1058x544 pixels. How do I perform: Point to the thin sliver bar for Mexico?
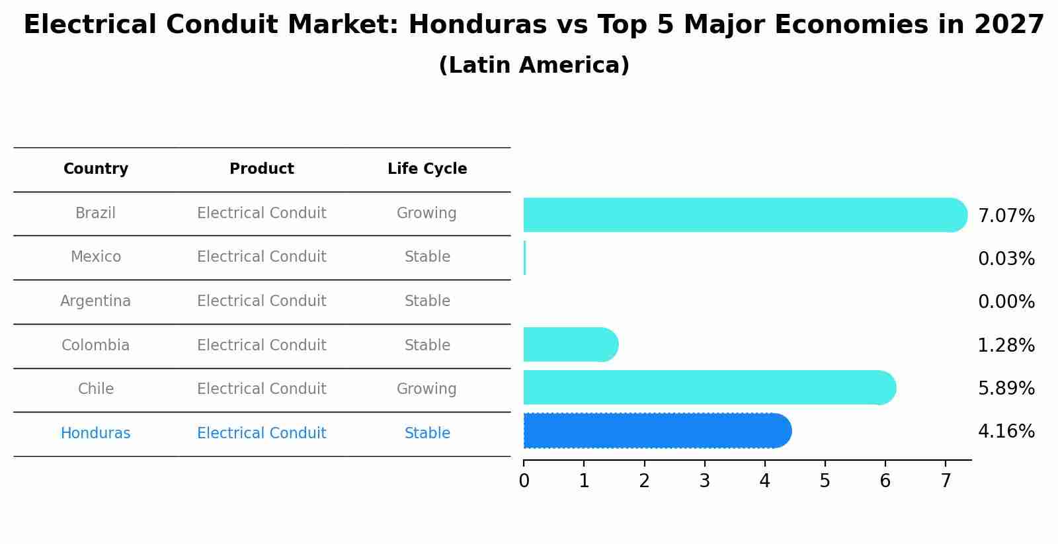(524, 258)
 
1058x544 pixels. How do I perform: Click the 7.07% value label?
(1006, 216)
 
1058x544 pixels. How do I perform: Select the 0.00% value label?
(1006, 302)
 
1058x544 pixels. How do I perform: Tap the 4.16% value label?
(1006, 432)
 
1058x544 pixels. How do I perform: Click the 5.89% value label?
(1006, 389)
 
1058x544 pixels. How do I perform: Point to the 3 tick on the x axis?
(704, 481)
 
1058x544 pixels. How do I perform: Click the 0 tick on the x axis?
(524, 481)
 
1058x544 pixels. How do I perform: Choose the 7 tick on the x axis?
(946, 481)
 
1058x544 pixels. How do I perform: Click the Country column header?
(96, 169)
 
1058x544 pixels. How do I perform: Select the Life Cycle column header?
(427, 169)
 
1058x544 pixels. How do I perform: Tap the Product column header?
(262, 169)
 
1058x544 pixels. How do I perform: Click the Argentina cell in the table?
(96, 301)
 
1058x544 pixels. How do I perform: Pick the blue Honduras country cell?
(96, 434)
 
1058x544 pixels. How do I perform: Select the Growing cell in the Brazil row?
(427, 214)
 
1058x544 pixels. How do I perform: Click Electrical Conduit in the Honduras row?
(262, 434)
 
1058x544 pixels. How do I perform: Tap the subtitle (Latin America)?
(534, 65)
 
